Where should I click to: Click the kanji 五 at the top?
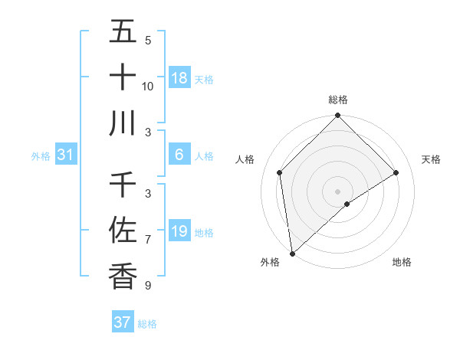123,32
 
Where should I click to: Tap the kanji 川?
123,123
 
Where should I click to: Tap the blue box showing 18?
179,78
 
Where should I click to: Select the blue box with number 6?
179,155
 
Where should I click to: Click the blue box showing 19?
179,231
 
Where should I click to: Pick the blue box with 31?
66,155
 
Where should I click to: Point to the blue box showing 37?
123,322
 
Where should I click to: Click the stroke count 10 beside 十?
148,87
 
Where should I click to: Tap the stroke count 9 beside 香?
148,286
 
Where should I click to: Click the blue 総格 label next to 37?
148,324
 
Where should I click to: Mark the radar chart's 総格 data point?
337,116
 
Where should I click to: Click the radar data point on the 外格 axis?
292,253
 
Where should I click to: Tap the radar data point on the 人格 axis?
280,172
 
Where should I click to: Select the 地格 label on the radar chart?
402,263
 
